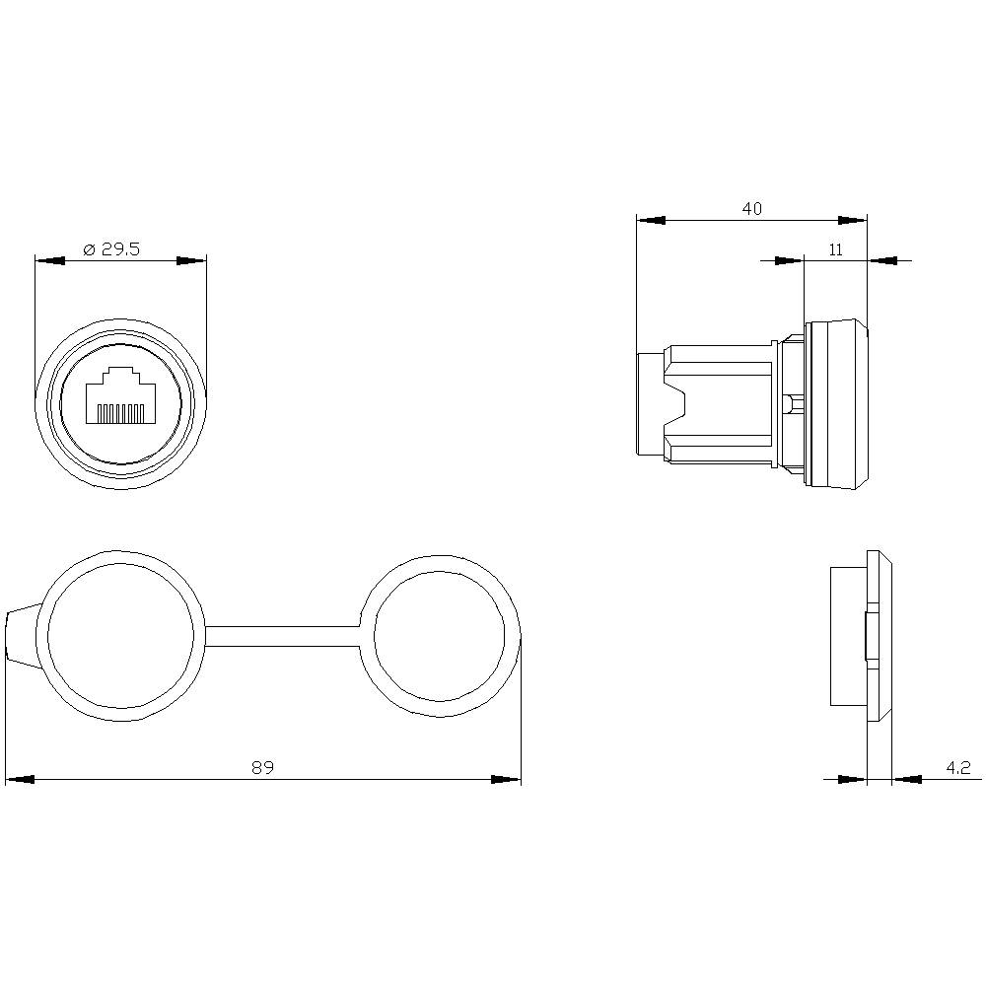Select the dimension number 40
pyautogui.click(x=751, y=209)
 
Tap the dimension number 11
pyautogui.click(x=835, y=249)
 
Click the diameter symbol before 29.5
pyautogui.click(x=87, y=249)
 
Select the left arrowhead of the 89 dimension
pyautogui.click(x=20, y=779)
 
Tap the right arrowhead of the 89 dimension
pyautogui.click(x=507, y=779)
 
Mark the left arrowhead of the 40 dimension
pyautogui.click(x=652, y=221)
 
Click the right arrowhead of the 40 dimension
pyautogui.click(x=853, y=221)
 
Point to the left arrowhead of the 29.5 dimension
pyautogui.click(x=49, y=261)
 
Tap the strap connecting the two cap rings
pyautogui.click(x=283, y=636)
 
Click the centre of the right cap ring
pyautogui.click(x=439, y=636)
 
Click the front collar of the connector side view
pyautogui.click(x=838, y=404)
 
